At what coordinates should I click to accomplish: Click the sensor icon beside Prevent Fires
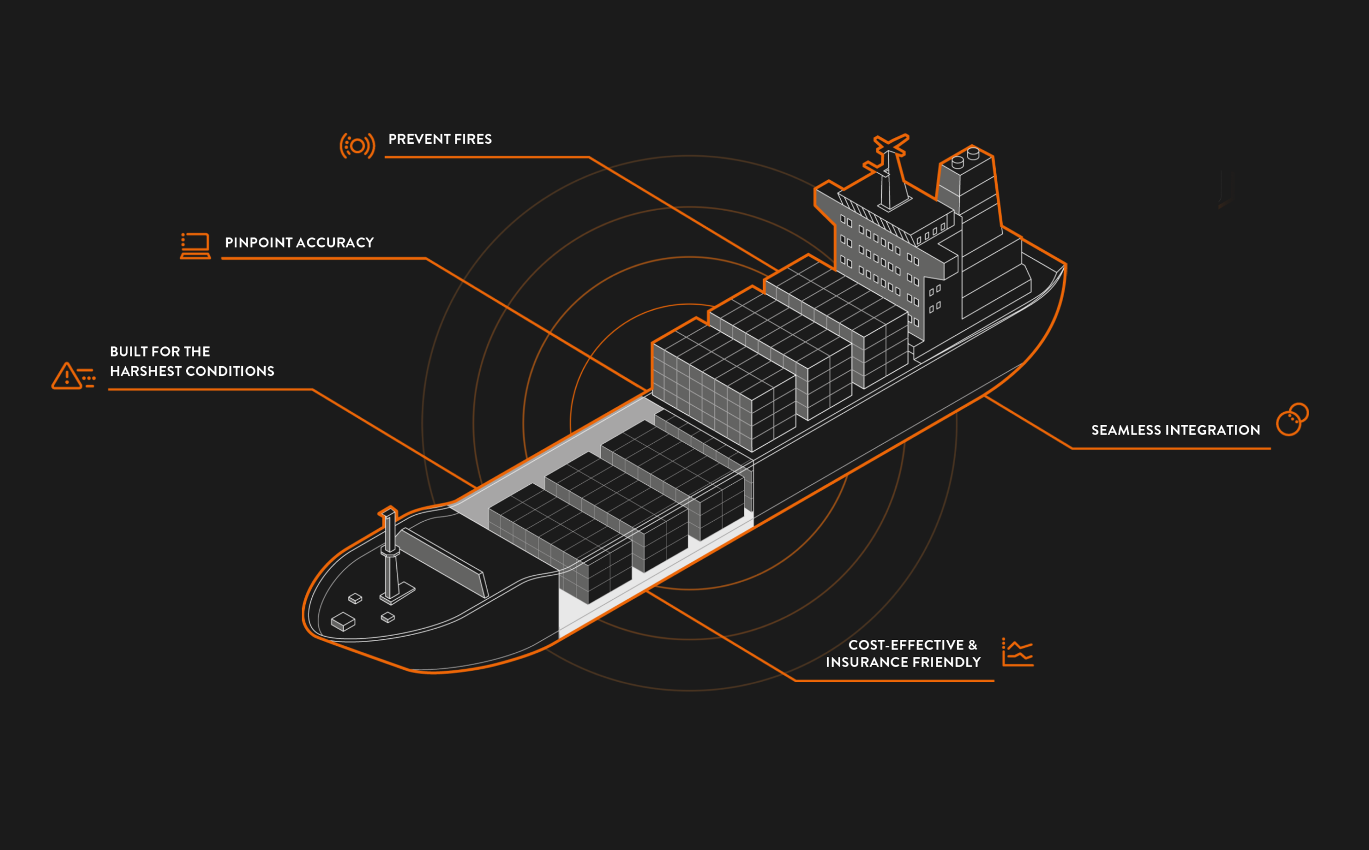click(x=357, y=146)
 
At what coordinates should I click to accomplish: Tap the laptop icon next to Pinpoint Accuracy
click(x=195, y=246)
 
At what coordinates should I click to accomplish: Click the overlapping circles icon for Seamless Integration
click(x=1292, y=419)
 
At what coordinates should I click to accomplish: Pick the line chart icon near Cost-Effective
click(x=1018, y=652)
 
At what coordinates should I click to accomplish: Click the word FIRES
click(x=473, y=139)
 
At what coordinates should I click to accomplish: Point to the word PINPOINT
click(x=259, y=242)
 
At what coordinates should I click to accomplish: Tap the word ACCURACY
click(x=335, y=242)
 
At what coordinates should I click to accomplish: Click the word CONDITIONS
click(x=230, y=371)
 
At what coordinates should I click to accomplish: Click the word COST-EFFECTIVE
click(x=906, y=645)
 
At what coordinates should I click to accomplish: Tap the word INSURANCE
click(x=865, y=662)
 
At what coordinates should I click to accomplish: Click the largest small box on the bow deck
click(x=343, y=622)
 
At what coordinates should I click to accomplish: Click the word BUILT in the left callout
click(x=129, y=351)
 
